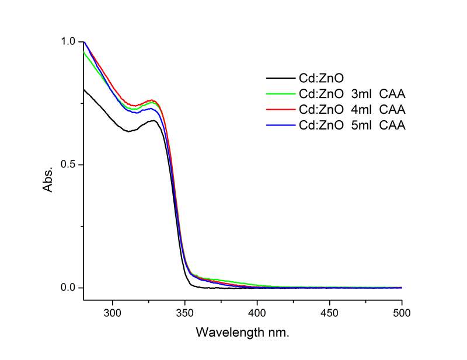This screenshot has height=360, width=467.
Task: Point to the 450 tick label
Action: tap(329, 313)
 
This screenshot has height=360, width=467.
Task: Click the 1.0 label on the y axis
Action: tap(69, 42)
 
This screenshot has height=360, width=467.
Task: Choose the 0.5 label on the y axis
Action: tap(69, 165)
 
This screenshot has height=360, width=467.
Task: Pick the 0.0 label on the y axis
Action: tap(69, 288)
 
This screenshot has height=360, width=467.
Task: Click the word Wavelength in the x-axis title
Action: tap(225, 333)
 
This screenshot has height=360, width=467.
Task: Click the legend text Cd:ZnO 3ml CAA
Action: tap(351, 93)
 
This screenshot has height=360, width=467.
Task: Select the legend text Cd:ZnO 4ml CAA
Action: tap(351, 109)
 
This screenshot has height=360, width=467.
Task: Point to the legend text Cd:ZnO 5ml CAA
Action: tap(351, 125)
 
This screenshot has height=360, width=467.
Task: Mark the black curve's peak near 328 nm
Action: tap(154, 121)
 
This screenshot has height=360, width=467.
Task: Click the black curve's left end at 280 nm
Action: tap(84, 89)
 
